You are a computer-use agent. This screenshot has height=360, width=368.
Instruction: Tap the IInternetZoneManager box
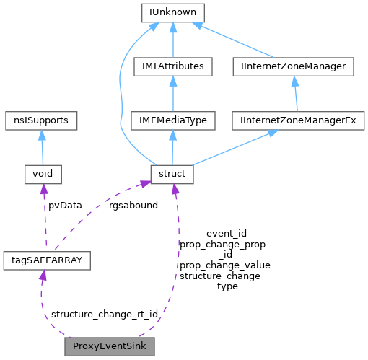coord(294,66)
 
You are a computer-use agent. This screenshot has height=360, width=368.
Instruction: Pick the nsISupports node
coord(42,120)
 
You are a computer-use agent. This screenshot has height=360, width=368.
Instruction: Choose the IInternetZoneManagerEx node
coord(294,120)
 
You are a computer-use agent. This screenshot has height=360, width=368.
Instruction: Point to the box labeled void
coord(43,173)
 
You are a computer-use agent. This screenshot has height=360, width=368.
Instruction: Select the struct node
coord(172,173)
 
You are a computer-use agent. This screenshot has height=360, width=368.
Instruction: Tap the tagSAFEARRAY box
coord(46,260)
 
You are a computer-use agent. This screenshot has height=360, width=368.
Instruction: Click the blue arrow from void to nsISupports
coord(42,147)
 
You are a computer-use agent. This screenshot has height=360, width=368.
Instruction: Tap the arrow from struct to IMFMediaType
coord(172,147)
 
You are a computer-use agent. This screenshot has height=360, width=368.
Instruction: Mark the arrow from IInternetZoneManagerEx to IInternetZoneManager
coord(294,94)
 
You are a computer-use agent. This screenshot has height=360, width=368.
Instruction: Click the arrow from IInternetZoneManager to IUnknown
coord(235,40)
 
